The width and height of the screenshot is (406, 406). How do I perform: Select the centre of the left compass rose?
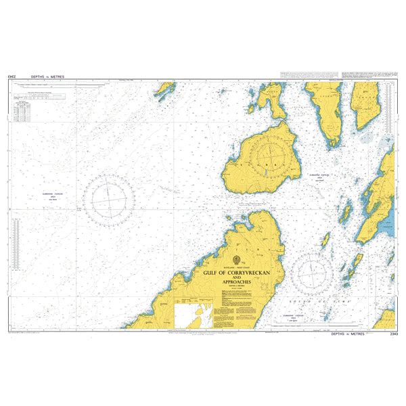tap(108, 198)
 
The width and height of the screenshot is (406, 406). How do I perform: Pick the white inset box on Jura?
tap(194, 315)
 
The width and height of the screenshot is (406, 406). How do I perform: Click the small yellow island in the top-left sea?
tap(164, 90)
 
